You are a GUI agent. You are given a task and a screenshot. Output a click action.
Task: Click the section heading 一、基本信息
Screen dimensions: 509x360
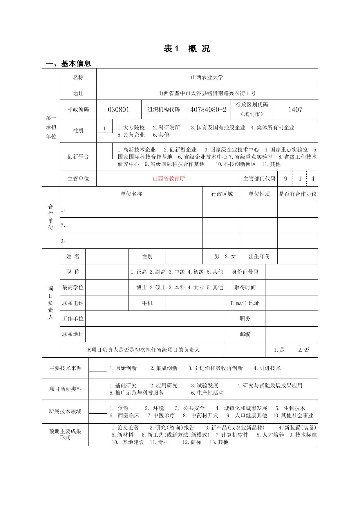[x=69, y=63]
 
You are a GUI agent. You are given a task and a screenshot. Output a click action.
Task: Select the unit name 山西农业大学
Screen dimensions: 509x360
[x=207, y=77]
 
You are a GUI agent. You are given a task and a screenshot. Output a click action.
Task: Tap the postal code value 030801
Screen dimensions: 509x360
[x=118, y=110]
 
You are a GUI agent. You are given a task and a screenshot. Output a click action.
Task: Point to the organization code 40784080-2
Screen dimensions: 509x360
[x=208, y=110]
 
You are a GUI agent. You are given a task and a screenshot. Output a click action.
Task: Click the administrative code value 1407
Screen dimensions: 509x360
[x=295, y=110]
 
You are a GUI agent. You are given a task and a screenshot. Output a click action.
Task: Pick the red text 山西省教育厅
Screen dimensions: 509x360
[x=169, y=179]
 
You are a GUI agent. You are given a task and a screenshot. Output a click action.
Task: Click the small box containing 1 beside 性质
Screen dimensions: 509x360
[x=104, y=129]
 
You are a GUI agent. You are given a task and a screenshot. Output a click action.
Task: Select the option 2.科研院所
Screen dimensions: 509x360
[x=167, y=128]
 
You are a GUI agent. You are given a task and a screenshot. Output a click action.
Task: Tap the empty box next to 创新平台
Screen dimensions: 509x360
[x=104, y=151]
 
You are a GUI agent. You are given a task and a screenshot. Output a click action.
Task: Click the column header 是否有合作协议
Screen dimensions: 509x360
[x=297, y=194]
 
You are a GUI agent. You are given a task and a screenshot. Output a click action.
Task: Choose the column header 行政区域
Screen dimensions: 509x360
[x=222, y=194]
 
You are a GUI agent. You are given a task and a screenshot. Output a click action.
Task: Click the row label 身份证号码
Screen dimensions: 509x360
[x=245, y=272]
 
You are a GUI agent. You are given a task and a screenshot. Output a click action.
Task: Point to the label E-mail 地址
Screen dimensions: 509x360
[x=245, y=303]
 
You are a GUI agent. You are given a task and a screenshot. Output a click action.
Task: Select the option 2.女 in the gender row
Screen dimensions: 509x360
[x=230, y=257]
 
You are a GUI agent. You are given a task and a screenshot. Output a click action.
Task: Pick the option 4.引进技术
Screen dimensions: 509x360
[x=267, y=368]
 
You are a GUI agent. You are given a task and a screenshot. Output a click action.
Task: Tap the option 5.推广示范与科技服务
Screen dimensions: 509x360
[x=137, y=393]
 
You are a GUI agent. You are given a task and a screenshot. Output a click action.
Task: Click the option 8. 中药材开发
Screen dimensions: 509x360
[x=200, y=416]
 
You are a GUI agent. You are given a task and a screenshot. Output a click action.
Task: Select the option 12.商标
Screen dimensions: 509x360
[x=191, y=442]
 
